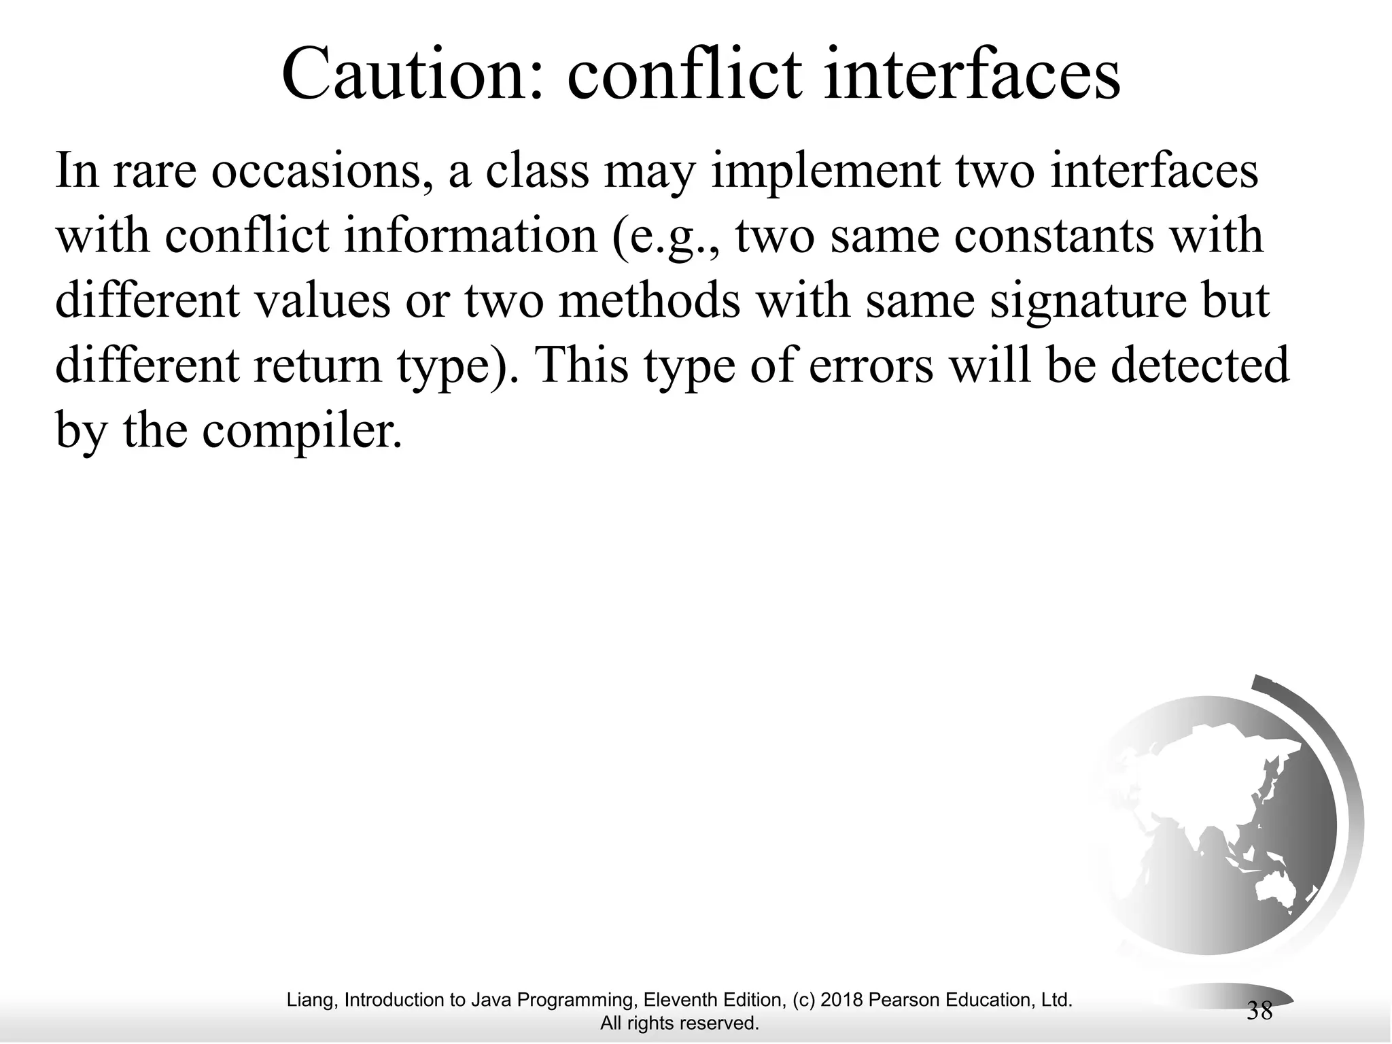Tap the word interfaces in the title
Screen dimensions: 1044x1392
click(971, 75)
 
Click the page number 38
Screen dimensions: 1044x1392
click(1259, 1011)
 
